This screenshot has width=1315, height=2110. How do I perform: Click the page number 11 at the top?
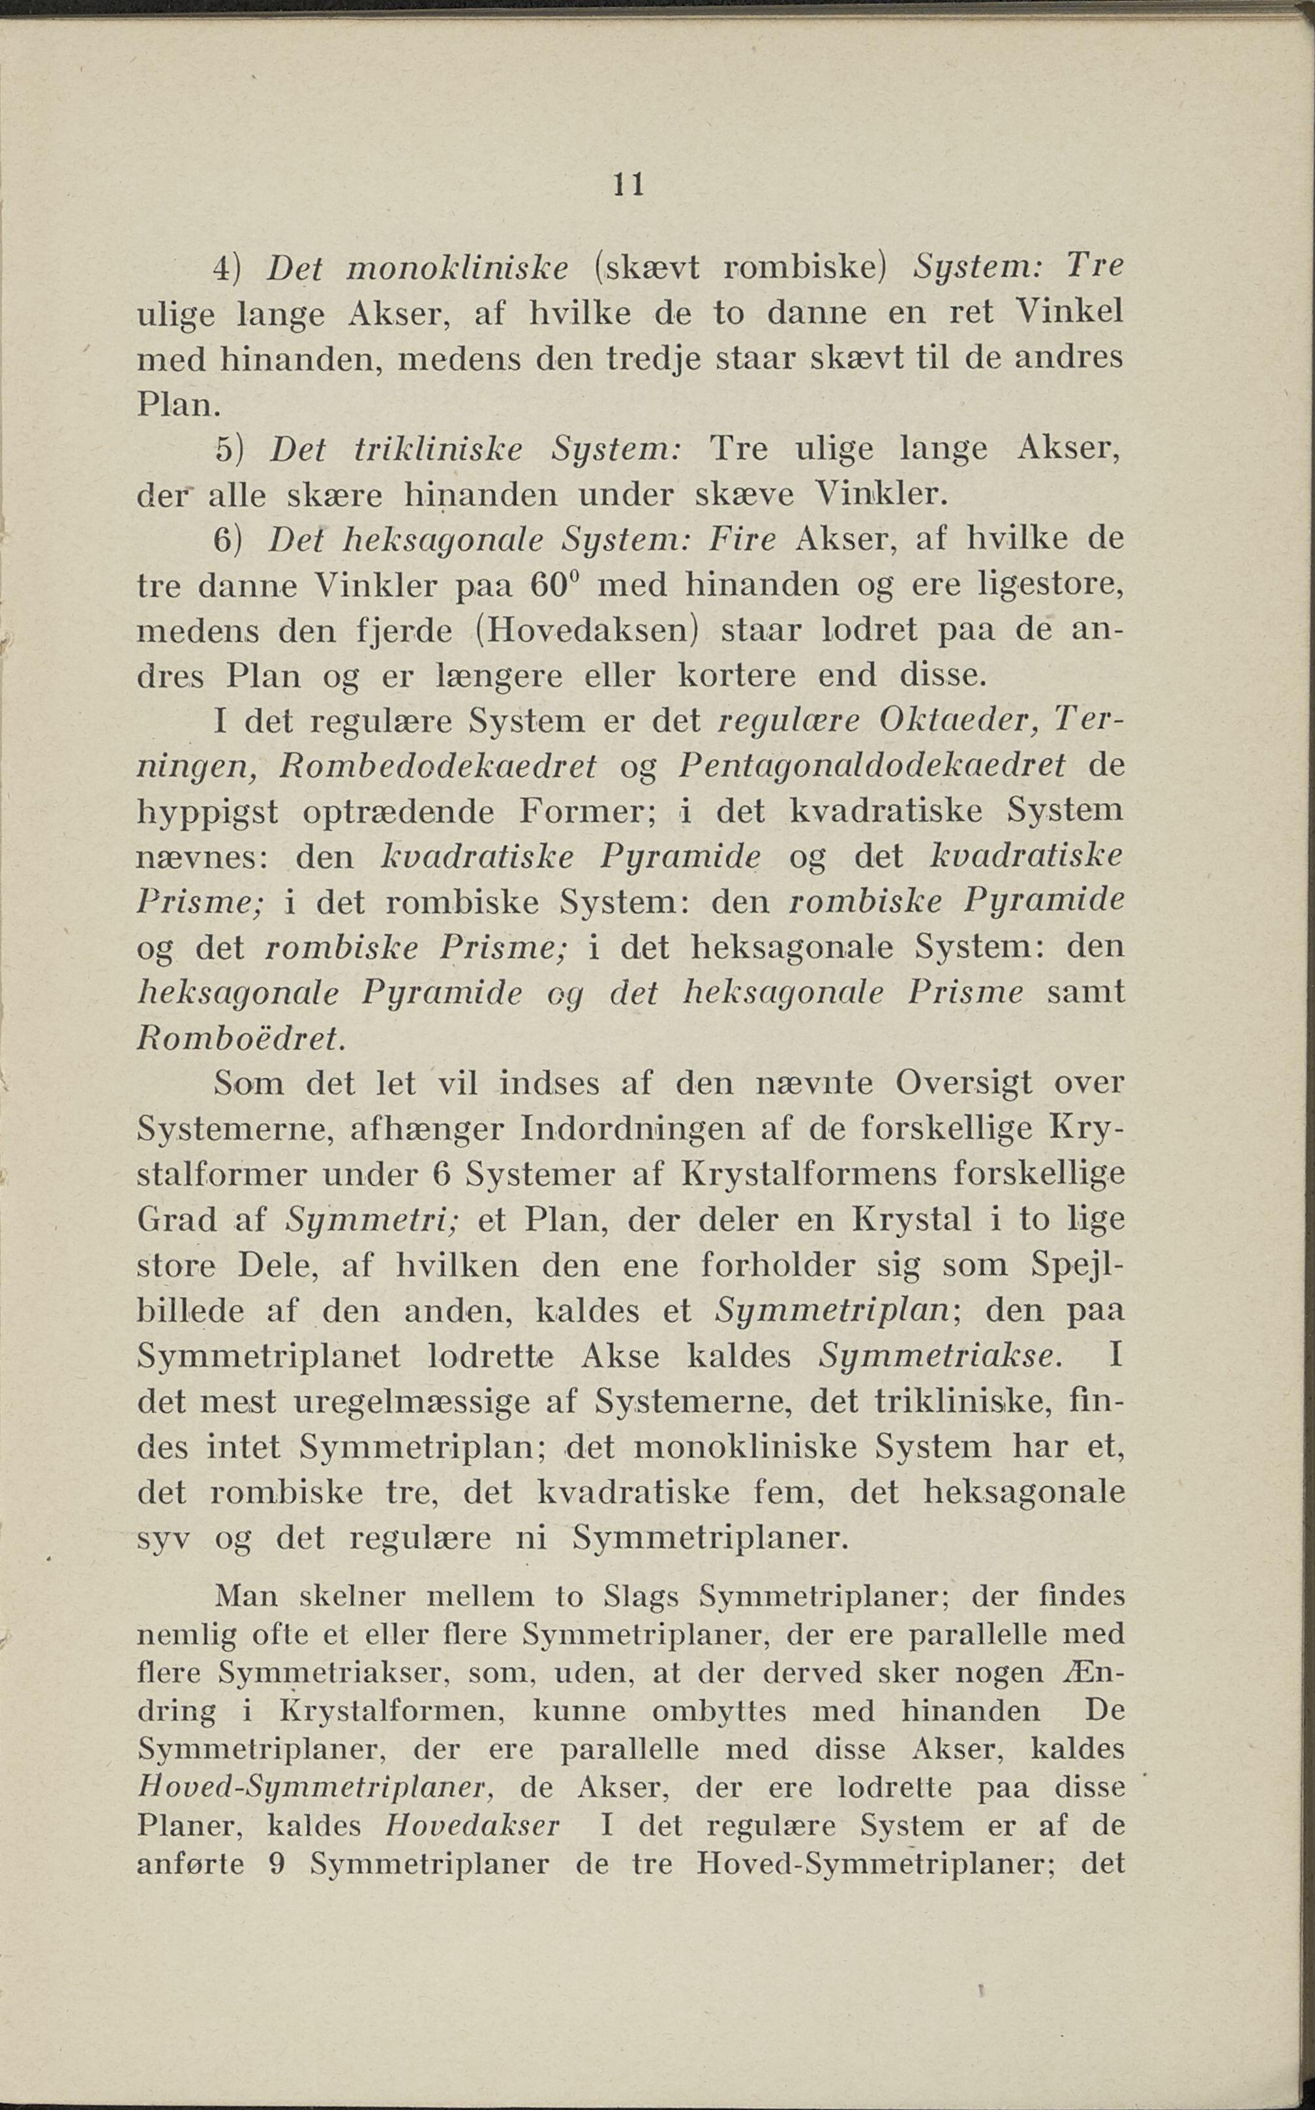628,185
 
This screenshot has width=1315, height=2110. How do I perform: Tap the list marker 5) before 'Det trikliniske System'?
232,449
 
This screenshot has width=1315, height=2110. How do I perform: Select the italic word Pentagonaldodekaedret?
871,765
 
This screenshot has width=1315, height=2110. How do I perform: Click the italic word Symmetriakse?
940,1356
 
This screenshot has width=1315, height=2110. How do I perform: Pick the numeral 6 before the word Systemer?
440,1175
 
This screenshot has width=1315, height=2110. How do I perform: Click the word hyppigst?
208,812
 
